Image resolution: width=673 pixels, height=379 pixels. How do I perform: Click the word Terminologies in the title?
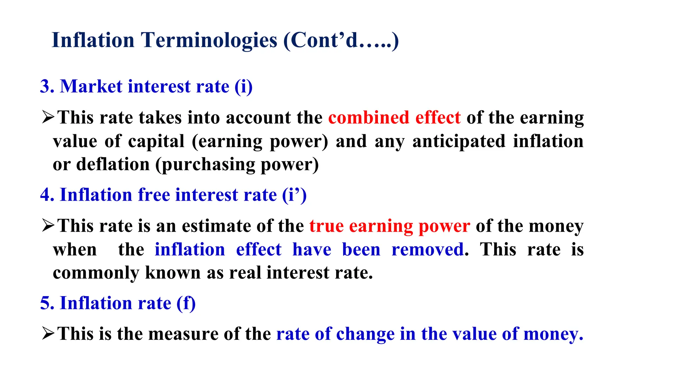pos(209,40)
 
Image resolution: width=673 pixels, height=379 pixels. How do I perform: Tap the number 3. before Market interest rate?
pos(47,87)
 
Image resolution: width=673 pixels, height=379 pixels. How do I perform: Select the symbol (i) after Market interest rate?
pos(244,87)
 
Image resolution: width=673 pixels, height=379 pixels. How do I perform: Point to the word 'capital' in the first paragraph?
pos(156,141)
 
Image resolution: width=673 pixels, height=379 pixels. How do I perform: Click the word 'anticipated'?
pos(459,141)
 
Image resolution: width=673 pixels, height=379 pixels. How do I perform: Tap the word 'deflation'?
pos(113,164)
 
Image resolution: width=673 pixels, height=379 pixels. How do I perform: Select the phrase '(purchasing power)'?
pos(237,165)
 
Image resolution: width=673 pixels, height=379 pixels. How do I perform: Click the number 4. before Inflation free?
pos(47,195)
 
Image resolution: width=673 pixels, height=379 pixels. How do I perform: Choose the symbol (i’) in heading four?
pos(294,195)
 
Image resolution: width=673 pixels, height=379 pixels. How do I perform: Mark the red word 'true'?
pos(326,226)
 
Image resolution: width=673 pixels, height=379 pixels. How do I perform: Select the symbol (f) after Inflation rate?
pos(186,303)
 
